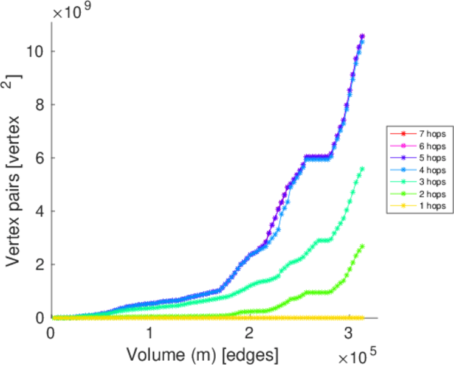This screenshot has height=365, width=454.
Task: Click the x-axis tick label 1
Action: (x=150, y=334)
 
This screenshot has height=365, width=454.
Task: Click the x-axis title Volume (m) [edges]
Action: (x=202, y=352)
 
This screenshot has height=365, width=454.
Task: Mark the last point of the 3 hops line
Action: (x=362, y=169)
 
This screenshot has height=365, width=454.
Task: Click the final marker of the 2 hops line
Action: (x=362, y=246)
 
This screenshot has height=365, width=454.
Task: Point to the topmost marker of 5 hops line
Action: (x=362, y=36)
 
